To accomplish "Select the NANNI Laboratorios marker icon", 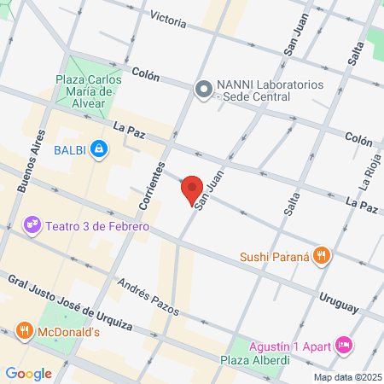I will pos(204,88).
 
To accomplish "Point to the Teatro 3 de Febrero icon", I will pos(32,226).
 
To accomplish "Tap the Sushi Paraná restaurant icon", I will pos(321,255).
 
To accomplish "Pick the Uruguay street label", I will pos(339,299).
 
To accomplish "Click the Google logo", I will pos(28,373).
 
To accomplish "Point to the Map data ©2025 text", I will pos(346,377).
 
